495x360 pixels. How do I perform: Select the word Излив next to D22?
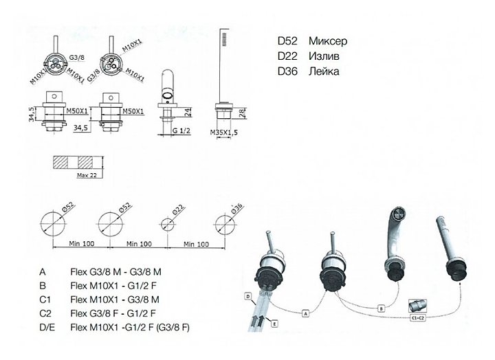(326, 56)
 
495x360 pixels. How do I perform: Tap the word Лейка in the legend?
(326, 71)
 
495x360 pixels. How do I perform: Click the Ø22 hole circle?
(166, 224)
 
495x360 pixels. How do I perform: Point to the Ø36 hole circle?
(225, 223)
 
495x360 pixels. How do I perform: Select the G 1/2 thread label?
(181, 129)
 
